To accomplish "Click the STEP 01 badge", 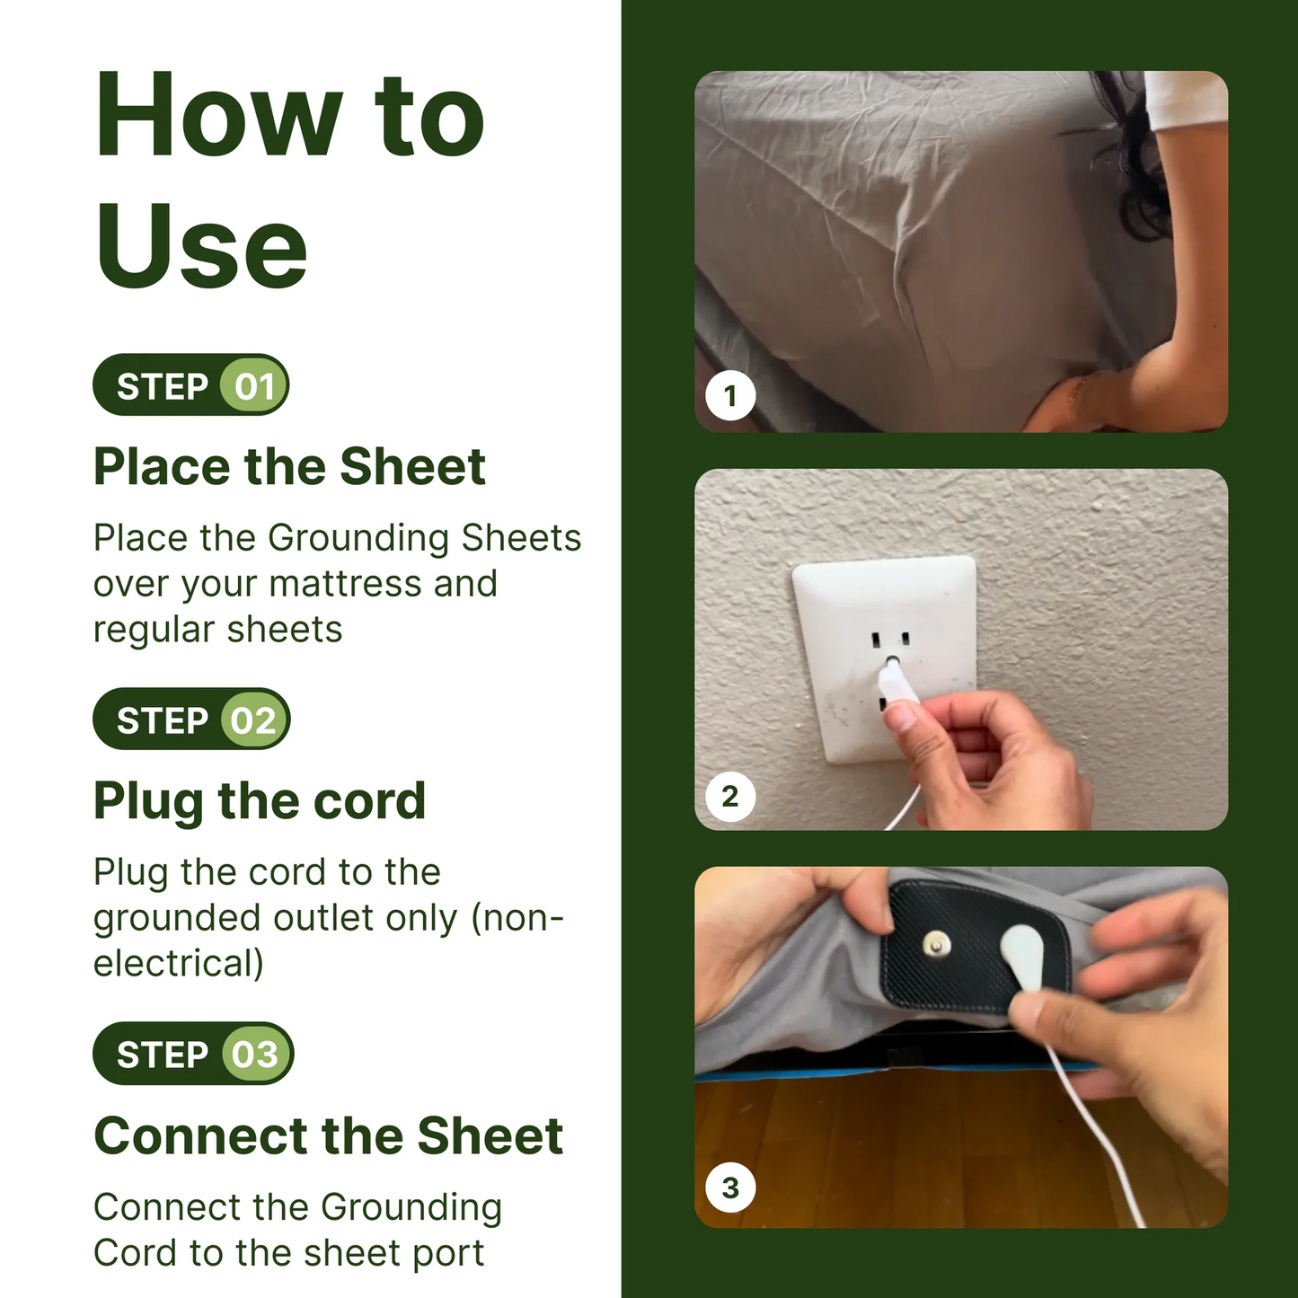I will pos(190,385).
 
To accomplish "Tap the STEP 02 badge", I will pos(191,720).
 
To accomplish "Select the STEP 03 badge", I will pos(193,1054).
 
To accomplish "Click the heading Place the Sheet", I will pos(289,467).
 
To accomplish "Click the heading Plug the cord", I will pos(260,801).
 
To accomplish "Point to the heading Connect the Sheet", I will pos(328,1135).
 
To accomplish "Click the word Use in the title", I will pos(201,247).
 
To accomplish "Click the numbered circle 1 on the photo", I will pos(730,395).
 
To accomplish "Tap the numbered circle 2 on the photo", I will pos(730,796).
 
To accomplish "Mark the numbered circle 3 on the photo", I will pos(730,1188).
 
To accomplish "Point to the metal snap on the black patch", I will pos(937,944).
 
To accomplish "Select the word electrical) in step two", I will pos(179,964).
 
